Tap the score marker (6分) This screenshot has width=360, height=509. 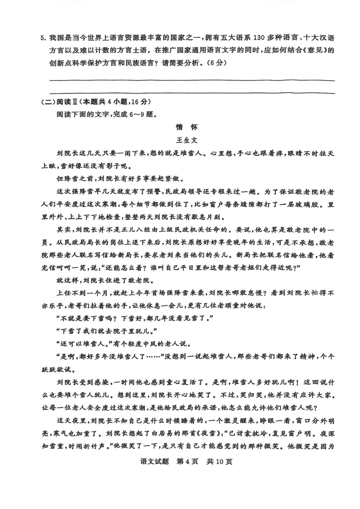[x=214, y=63]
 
